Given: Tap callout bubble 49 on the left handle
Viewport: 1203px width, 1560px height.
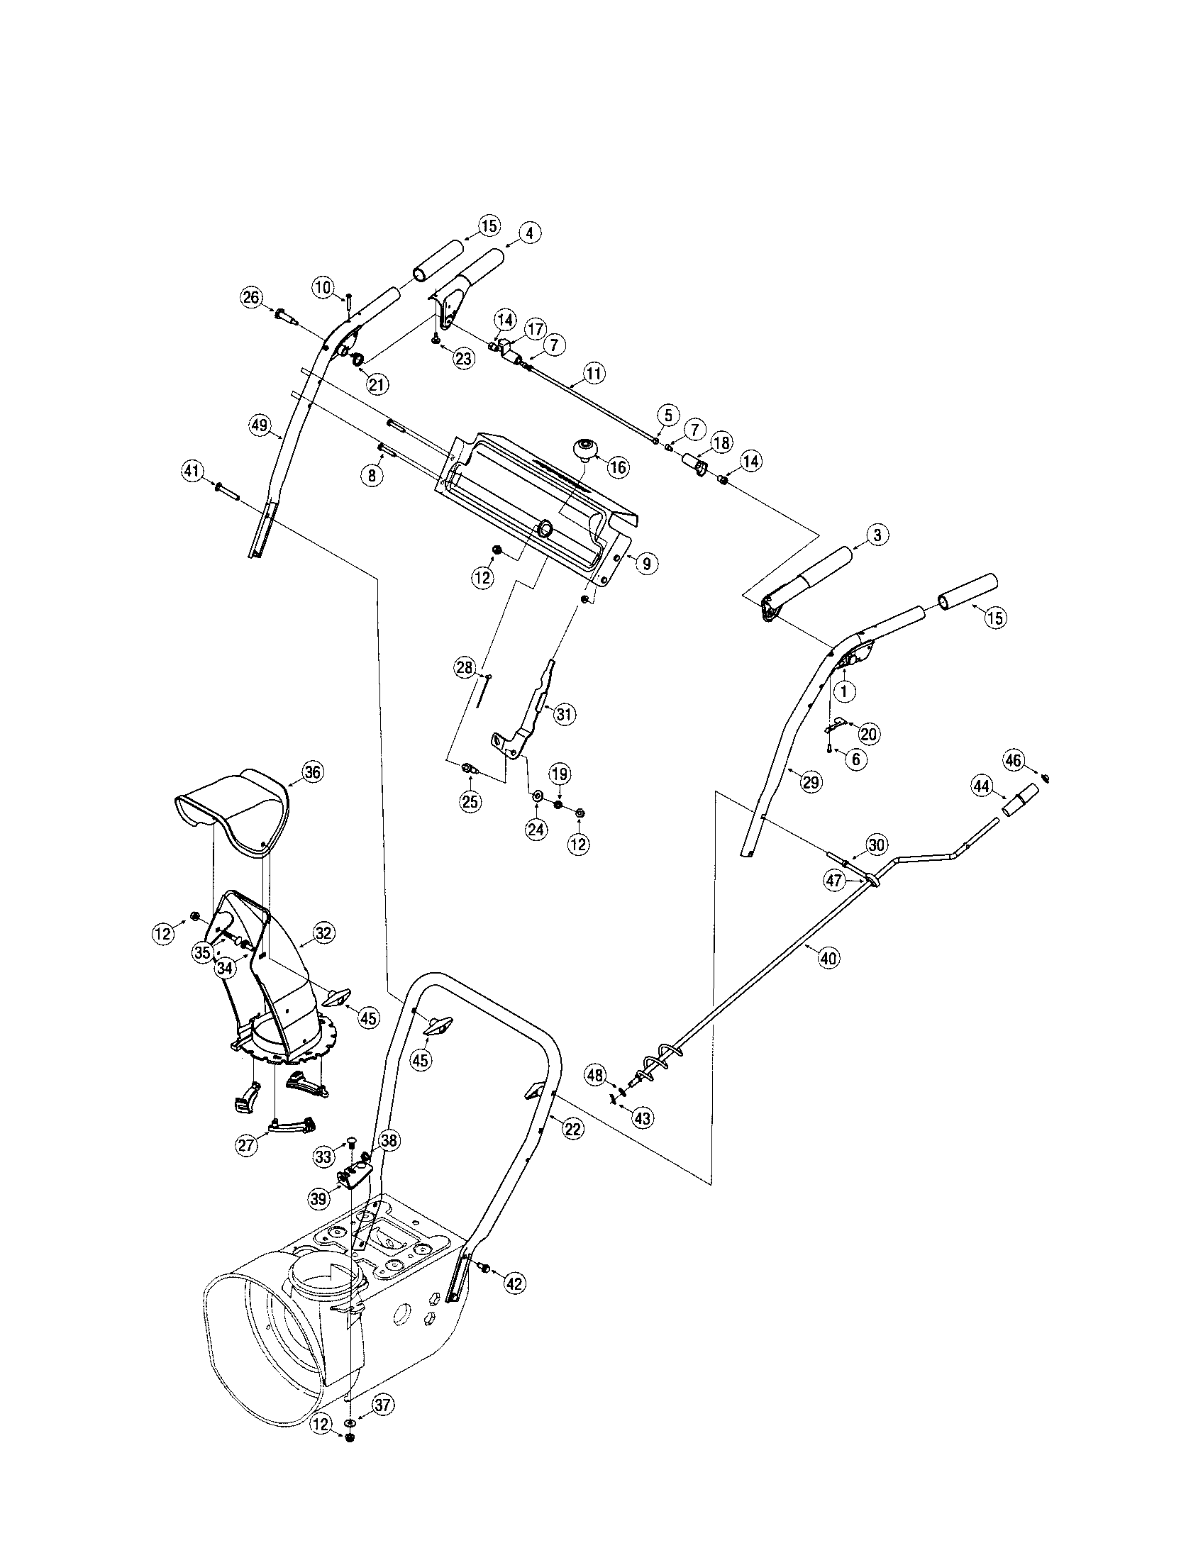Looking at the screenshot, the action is click(x=260, y=425).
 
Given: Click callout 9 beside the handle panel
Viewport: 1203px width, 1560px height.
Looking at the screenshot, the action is click(x=645, y=564).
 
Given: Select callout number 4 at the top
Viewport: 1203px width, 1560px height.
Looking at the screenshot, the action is click(x=529, y=233).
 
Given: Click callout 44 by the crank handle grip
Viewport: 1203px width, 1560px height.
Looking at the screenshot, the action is click(x=982, y=786).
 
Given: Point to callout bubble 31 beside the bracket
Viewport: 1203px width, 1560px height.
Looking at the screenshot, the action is click(x=565, y=714).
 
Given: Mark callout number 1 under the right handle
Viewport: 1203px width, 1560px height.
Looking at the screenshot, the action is click(x=845, y=691).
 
